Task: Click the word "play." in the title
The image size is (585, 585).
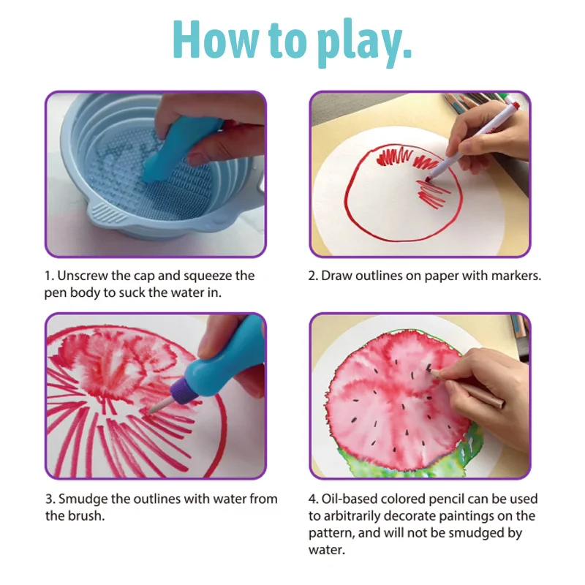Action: point(364,44)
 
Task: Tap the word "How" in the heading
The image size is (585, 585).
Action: point(215,39)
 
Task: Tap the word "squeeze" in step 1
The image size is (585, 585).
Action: point(208,277)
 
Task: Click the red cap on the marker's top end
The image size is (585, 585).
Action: point(515,105)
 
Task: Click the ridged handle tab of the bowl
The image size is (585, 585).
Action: point(105,214)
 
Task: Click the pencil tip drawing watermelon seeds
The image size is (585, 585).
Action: point(431,370)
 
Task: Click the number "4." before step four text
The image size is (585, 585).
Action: point(314,499)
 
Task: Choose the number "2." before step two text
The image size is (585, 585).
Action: point(314,276)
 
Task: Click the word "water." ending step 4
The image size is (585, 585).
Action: point(327,550)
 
